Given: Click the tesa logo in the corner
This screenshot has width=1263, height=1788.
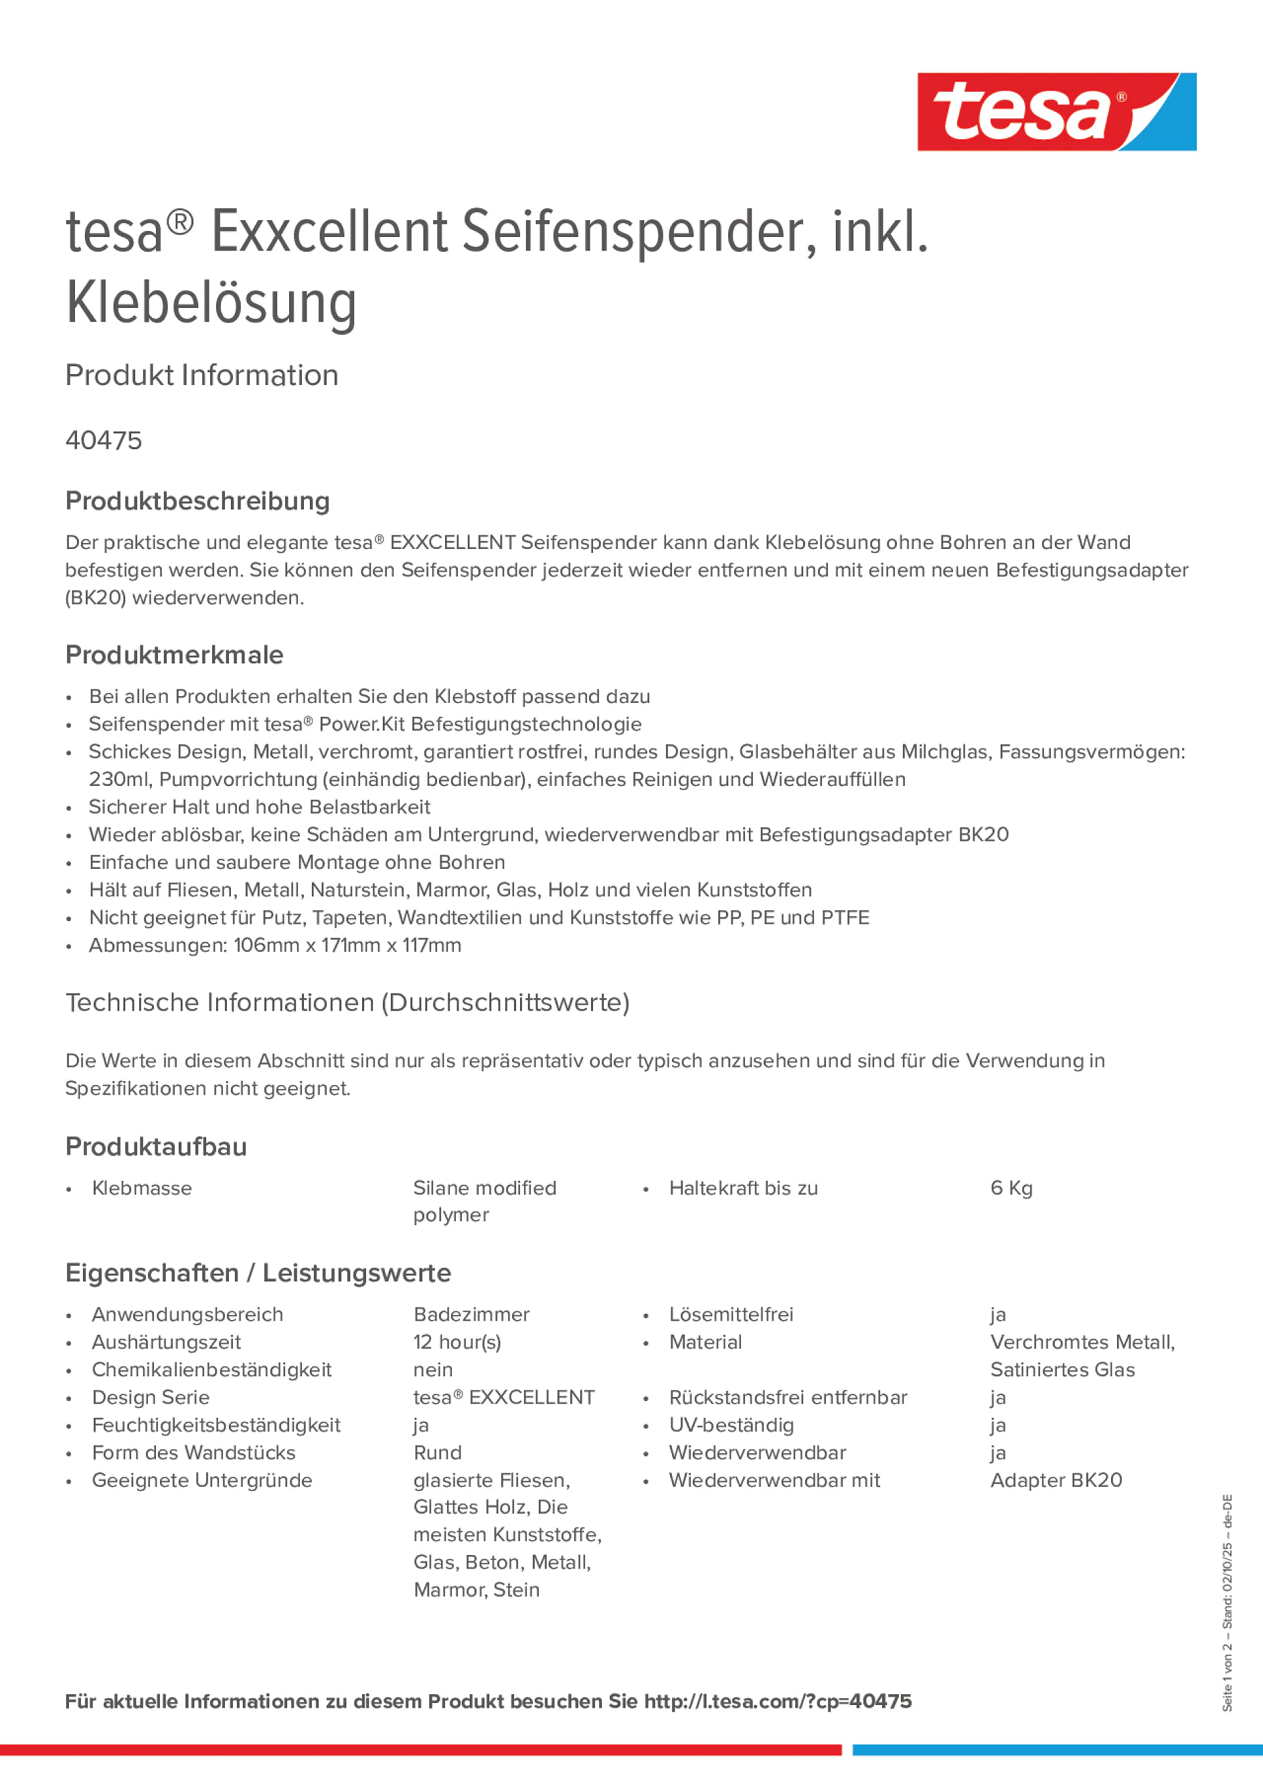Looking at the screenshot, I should (x=1056, y=111).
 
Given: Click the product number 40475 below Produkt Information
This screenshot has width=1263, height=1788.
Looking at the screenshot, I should (x=104, y=440).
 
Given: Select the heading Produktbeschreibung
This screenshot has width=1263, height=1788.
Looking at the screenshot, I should (x=197, y=501).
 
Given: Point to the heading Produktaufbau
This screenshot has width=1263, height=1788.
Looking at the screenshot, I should (x=156, y=1146).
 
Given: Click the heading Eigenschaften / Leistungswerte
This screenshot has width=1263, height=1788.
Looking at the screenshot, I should (x=258, y=1273).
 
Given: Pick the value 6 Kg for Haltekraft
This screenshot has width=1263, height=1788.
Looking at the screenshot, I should (x=1011, y=1188).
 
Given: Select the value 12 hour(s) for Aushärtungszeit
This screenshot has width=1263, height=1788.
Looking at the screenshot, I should (x=457, y=1342).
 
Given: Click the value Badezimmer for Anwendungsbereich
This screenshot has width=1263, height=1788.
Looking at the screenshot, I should (x=471, y=1315).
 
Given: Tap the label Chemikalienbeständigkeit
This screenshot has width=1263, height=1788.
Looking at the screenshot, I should (x=211, y=1370).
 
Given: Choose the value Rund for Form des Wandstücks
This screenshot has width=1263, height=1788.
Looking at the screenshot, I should (x=438, y=1453).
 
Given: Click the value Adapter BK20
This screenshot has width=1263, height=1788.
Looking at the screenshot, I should (x=1056, y=1480).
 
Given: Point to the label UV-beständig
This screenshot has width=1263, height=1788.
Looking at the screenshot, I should (x=731, y=1425).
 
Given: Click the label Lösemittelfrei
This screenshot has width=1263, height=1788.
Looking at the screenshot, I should (x=731, y=1315).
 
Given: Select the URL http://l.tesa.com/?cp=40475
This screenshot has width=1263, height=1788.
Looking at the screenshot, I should (x=777, y=1702).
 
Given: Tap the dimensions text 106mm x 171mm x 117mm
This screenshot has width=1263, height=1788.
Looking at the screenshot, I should (x=347, y=945).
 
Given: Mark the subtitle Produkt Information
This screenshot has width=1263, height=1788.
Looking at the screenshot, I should (x=201, y=376).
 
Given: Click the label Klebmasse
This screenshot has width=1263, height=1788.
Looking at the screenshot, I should (x=142, y=1188).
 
